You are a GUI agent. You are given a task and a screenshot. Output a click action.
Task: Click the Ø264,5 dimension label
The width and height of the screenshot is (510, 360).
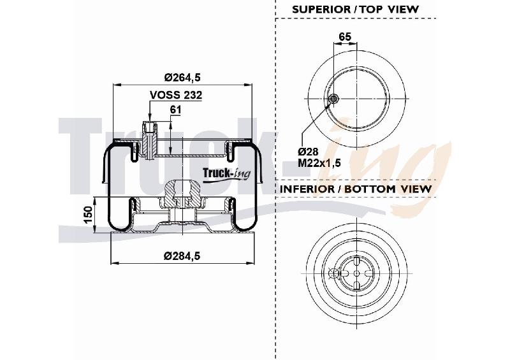pos(182,77)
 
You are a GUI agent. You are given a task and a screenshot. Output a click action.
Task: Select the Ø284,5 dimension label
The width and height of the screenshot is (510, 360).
pos(182,256)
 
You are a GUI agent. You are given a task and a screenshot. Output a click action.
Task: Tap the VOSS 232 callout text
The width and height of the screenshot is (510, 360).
pos(176,95)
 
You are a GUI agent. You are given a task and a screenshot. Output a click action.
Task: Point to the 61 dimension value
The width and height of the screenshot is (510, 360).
pos(176,110)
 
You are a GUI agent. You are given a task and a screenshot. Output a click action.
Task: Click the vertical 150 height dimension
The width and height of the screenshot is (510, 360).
pos(89,215)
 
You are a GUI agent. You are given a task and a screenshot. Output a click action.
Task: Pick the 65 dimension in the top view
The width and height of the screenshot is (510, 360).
pos(345,36)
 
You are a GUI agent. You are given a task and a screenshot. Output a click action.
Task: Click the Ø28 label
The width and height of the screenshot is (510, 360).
pos(309,152)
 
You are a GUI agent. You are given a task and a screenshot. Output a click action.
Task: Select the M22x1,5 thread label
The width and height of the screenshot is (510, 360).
pos(319,162)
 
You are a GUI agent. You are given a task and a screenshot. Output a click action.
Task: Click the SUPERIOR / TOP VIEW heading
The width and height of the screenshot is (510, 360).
pos(356,9)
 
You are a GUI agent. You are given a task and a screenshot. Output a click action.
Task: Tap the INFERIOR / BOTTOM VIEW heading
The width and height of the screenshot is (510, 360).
pos(356,189)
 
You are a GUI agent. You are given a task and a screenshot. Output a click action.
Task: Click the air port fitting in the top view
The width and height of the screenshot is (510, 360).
pos(333,99)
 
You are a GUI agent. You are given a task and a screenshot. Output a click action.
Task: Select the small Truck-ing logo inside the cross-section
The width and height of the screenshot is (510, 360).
pos(227,173)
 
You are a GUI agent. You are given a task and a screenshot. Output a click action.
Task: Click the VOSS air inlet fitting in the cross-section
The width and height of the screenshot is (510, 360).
pos(150,140)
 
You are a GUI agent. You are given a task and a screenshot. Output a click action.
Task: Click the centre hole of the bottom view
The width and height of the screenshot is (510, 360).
pos(357,273)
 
